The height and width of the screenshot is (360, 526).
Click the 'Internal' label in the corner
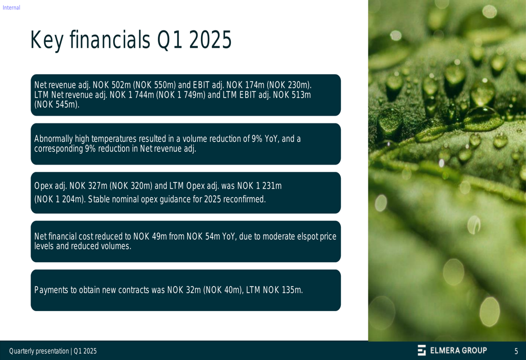point(12,7)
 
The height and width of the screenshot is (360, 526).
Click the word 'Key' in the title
point(47,40)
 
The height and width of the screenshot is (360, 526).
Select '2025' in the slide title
point(210,39)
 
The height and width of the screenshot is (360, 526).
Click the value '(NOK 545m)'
point(57,105)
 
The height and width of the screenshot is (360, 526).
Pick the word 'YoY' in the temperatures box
point(271,139)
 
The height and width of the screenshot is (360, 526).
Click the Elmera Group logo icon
point(422,350)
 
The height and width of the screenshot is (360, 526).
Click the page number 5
point(517,351)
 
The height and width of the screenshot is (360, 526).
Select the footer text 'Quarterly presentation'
point(39,351)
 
